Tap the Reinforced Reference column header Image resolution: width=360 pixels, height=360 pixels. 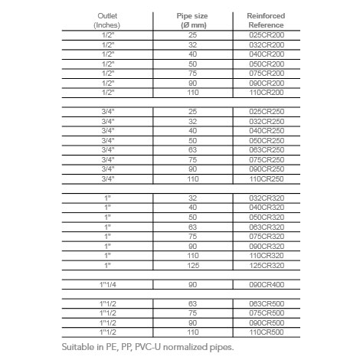point(266,20)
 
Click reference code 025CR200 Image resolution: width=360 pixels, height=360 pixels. point(267,36)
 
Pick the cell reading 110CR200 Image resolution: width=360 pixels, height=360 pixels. point(267,92)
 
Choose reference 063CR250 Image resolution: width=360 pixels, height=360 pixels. point(267,149)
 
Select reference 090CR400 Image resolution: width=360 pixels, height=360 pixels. point(267,284)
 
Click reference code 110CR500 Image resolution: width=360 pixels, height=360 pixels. point(267,332)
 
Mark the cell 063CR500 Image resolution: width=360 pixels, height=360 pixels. point(267,303)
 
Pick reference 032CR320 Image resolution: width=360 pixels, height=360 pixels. point(267,198)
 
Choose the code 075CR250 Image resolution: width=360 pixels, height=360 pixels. point(267,159)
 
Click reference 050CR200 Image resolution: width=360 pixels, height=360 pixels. point(267,64)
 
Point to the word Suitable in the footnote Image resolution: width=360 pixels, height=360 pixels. point(80,347)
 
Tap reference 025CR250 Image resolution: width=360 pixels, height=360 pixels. point(267,112)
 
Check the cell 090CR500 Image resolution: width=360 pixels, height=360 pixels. point(267,322)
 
